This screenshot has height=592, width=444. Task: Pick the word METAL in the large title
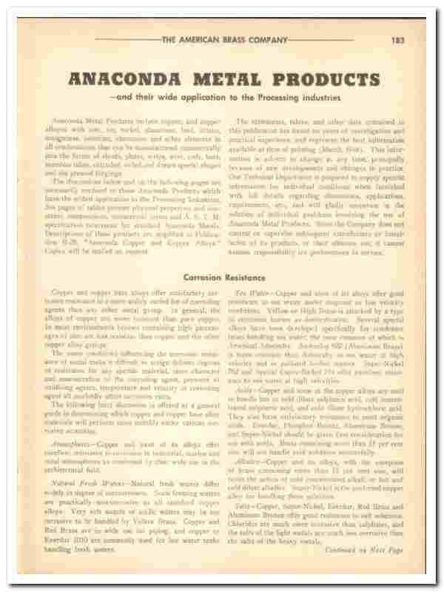click(x=234, y=78)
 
